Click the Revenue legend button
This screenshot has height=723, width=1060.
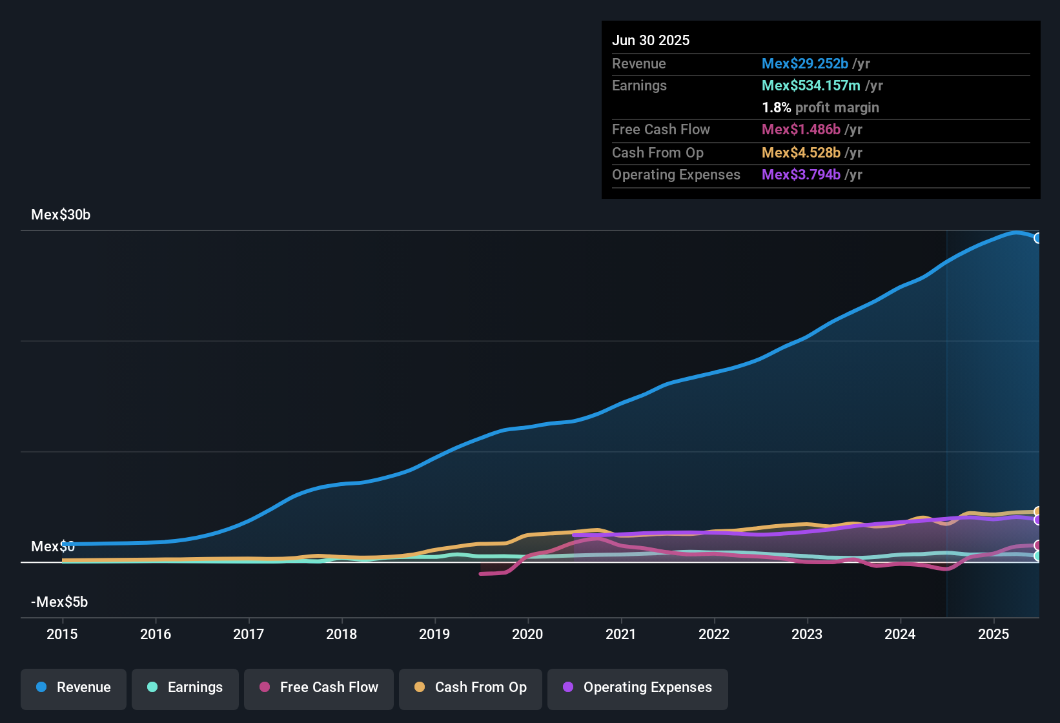click(74, 687)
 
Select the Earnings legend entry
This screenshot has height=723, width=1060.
click(185, 687)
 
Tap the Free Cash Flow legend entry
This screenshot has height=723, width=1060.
click(319, 687)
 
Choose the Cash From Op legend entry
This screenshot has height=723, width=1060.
click(471, 687)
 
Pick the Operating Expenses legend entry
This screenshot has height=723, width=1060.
click(638, 687)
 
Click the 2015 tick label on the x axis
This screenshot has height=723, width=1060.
click(62, 634)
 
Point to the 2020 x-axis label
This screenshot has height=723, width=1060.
click(527, 634)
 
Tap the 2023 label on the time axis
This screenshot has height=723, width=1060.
click(807, 634)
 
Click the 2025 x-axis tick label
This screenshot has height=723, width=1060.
click(994, 634)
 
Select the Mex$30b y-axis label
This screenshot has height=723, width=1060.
click(61, 215)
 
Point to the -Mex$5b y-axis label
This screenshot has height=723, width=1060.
click(59, 602)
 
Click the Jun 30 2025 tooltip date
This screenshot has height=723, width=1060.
click(651, 41)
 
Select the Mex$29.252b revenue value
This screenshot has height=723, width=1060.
click(804, 64)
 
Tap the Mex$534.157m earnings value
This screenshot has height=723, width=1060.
click(811, 86)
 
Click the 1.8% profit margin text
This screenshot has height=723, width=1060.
click(820, 108)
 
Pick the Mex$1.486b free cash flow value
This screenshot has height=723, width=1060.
click(800, 130)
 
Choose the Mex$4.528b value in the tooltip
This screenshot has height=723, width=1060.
click(800, 153)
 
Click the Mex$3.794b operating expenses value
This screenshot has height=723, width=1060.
click(800, 175)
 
